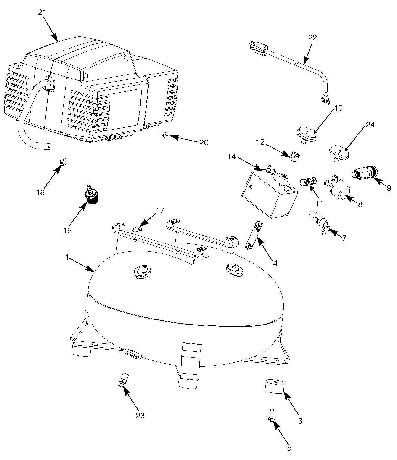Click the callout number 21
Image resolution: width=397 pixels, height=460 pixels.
(x=42, y=13)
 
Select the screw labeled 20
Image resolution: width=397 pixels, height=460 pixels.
(x=164, y=135)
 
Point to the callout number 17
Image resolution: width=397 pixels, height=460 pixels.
(x=160, y=211)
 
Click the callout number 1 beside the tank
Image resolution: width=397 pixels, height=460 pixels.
(x=67, y=257)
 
